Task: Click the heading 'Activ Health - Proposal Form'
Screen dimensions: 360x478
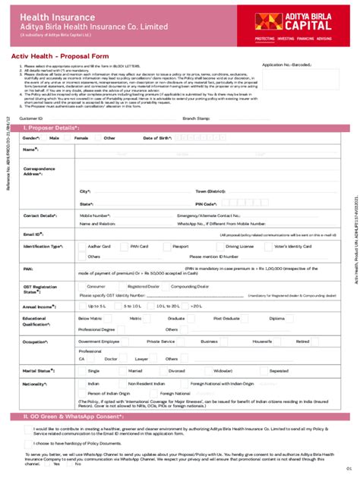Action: point(58,55)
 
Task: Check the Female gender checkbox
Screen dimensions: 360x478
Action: point(71,139)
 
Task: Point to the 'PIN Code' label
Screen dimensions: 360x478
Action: point(205,204)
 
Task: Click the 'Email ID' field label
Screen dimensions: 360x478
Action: point(33,235)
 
